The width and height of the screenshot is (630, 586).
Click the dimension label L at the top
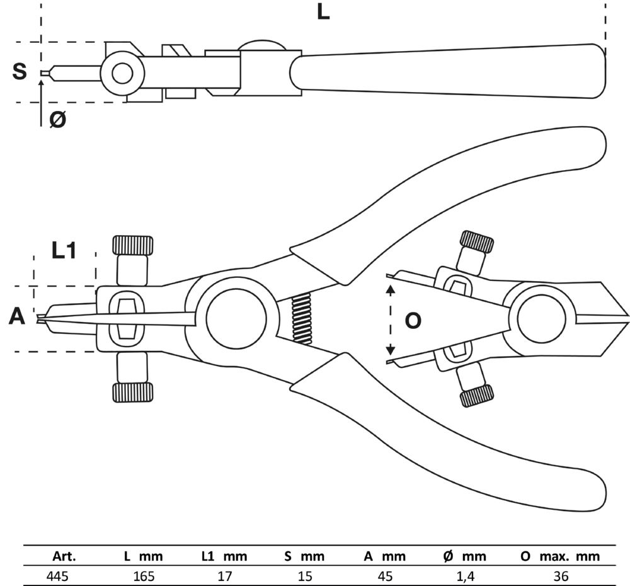pyautogui.click(x=323, y=11)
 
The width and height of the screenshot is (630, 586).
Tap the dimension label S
pyautogui.click(x=20, y=71)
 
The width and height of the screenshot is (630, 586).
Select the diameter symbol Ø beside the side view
pyautogui.click(x=57, y=119)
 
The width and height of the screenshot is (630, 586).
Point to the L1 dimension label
pyautogui.click(x=64, y=251)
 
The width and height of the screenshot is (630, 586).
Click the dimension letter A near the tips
pyautogui.click(x=17, y=316)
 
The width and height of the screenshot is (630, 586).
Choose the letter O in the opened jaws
pyautogui.click(x=413, y=321)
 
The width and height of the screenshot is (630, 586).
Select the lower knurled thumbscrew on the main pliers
pyautogui.click(x=132, y=393)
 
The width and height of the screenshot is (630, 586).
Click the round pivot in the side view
pyautogui.click(x=122, y=73)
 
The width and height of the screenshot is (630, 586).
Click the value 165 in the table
pyautogui.click(x=144, y=575)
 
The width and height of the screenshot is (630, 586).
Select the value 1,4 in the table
pyautogui.click(x=465, y=575)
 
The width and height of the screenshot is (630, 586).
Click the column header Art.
pyautogui.click(x=62, y=556)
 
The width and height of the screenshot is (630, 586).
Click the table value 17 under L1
pyautogui.click(x=224, y=575)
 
